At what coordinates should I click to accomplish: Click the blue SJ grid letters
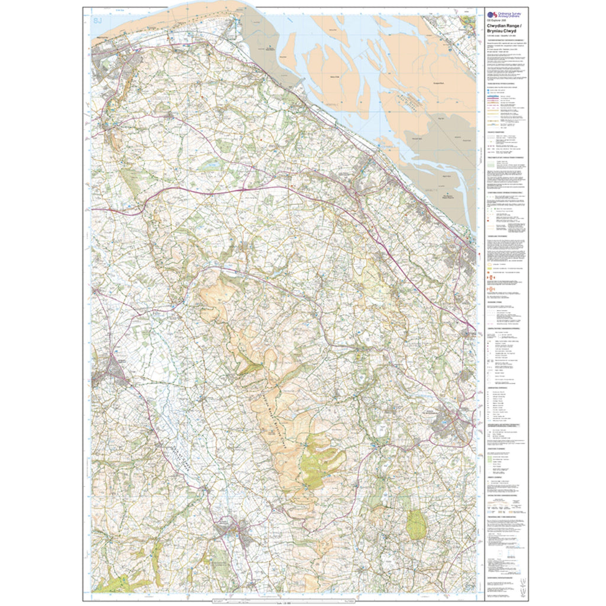98,21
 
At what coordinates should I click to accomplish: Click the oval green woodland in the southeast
417,524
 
